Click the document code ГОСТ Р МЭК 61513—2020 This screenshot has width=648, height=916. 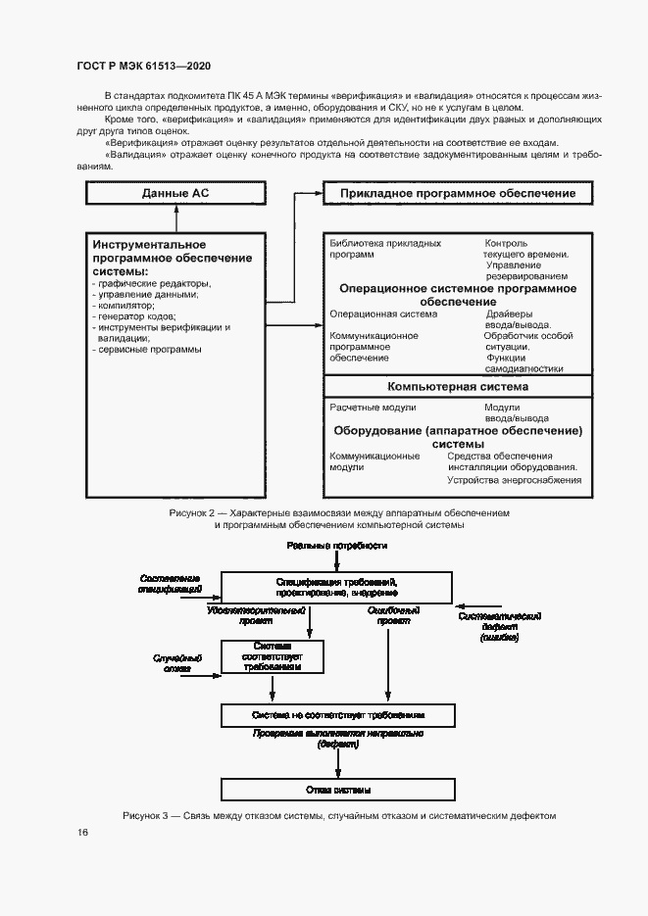(143, 66)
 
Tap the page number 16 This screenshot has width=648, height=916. (83, 832)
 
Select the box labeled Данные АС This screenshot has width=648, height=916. (175, 193)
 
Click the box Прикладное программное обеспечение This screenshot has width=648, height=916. (457, 193)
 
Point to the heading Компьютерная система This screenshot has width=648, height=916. (457, 386)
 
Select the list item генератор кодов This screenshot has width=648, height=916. (134, 316)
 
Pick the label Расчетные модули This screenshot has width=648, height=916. (374, 408)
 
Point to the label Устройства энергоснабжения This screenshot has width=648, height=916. (514, 480)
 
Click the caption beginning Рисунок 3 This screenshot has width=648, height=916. (339, 815)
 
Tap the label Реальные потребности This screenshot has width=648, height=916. (337, 544)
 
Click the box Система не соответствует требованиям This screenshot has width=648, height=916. (337, 713)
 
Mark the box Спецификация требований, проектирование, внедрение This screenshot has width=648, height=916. (337, 588)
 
